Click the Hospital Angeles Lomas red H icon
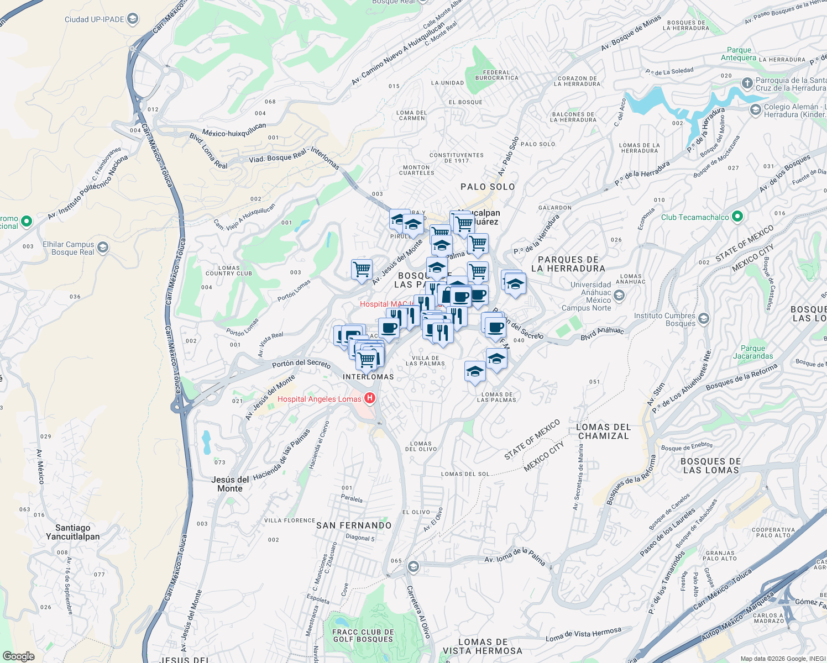(370, 398)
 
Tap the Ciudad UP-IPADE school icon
(132, 19)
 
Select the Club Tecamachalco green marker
(737, 217)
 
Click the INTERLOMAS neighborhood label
(368, 377)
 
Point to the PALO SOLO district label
(488, 187)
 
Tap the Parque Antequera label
(739, 54)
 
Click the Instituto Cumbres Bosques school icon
(704, 319)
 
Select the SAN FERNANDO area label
(354, 525)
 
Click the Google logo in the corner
(18, 656)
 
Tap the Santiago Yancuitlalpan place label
(73, 532)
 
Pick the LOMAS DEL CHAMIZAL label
(603, 432)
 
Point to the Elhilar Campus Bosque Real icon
(103, 248)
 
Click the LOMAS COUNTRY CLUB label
(229, 271)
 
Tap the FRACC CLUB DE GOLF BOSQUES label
(363, 635)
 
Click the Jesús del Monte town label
(230, 484)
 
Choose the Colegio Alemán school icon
(755, 110)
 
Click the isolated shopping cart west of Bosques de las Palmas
(362, 270)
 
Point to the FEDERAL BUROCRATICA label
(496, 75)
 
